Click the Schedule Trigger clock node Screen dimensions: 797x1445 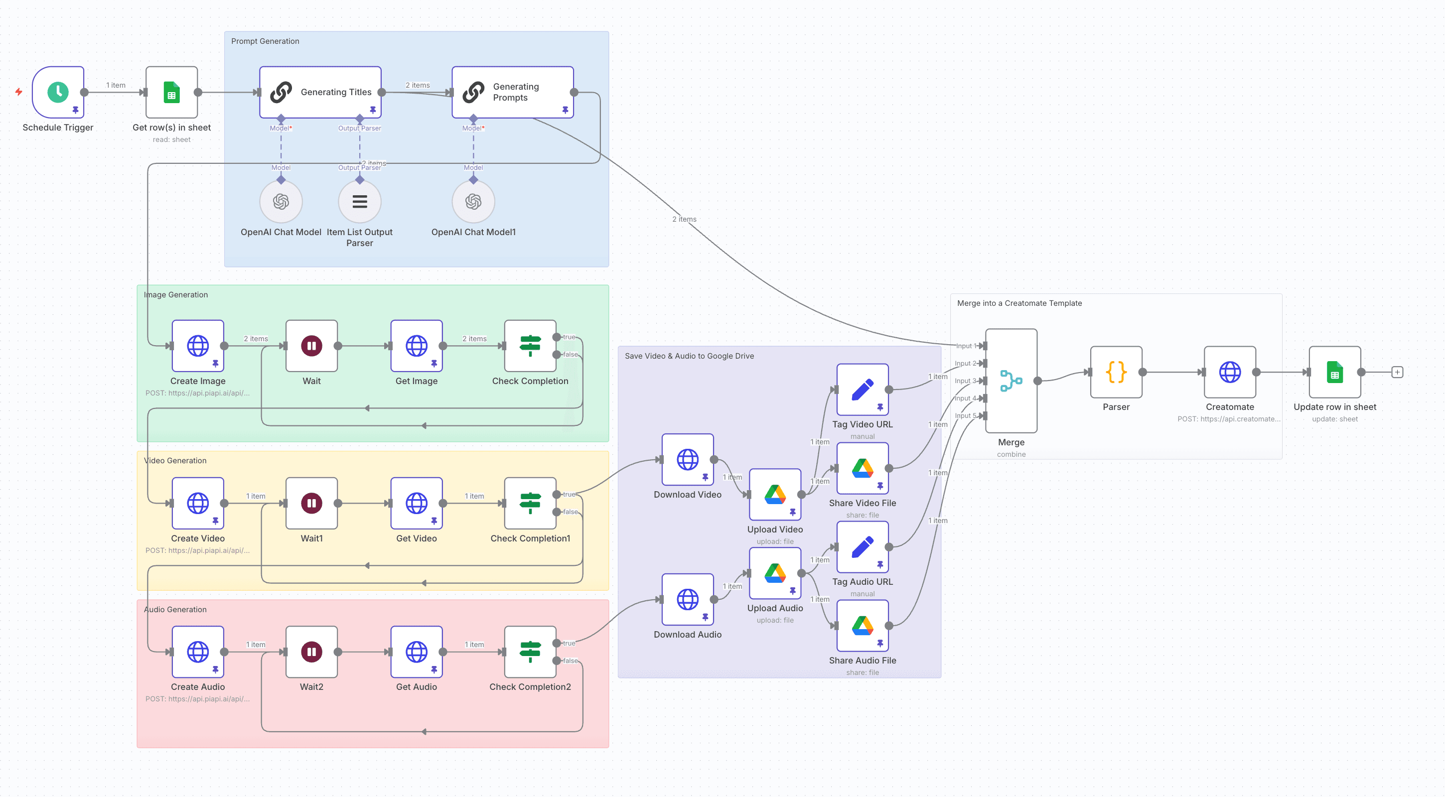58,92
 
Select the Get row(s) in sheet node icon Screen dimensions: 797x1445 171,92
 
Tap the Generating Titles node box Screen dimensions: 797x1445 320,92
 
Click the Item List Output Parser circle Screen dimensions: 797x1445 360,201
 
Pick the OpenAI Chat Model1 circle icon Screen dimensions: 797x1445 473,201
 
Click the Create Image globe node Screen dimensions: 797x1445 197,346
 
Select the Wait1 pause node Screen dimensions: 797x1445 311,503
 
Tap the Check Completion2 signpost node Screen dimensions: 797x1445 530,652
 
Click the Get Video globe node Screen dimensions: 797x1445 416,503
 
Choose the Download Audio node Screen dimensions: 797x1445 687,599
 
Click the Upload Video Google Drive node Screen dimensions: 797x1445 775,494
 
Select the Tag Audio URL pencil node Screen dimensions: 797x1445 862,547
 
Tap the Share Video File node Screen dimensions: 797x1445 862,468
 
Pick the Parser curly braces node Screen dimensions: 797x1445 1116,372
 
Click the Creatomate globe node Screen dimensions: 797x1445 1230,372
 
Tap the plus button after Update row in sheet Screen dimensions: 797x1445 1397,372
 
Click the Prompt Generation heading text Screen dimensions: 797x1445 265,41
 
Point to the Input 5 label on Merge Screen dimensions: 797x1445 965,415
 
